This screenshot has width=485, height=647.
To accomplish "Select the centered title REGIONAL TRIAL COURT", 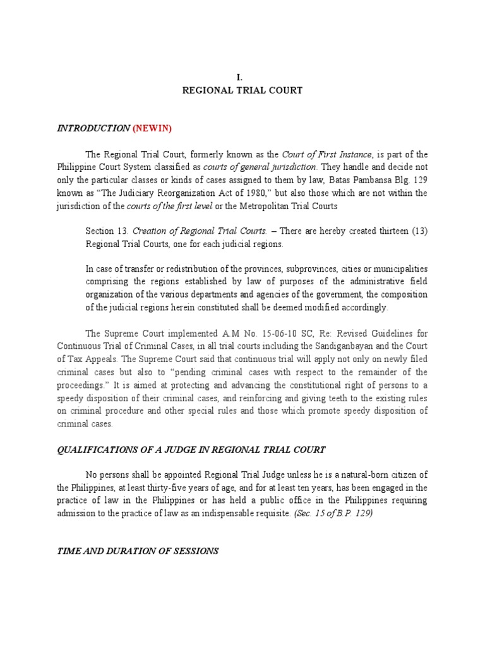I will click(242, 90).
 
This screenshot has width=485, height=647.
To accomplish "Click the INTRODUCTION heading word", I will click(93, 128).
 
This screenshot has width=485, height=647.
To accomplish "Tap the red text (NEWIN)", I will click(152, 128).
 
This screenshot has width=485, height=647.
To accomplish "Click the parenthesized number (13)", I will click(417, 231).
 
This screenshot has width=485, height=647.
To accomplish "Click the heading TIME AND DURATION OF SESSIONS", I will click(138, 551).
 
